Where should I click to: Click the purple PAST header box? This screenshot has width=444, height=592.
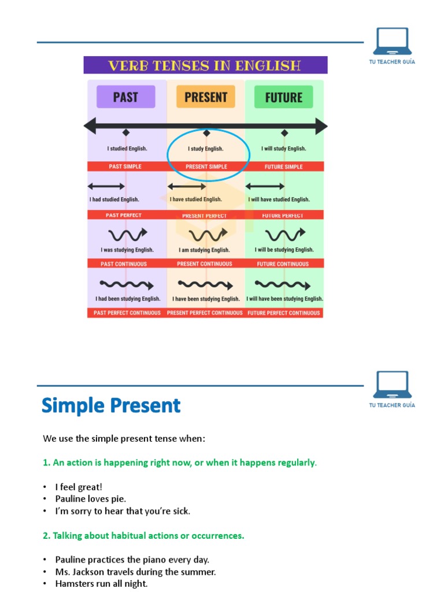coord(125,97)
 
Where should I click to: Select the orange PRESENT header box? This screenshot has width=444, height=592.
coord(206,97)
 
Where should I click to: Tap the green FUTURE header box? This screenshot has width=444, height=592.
coord(283,97)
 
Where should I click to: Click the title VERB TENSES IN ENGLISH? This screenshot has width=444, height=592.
coord(205,65)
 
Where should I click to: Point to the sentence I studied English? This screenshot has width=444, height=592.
coord(127,149)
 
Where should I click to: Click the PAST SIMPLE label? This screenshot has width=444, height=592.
coord(125,166)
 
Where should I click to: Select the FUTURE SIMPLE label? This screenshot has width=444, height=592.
coord(283,166)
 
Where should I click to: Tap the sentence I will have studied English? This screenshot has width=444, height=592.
coord(279,199)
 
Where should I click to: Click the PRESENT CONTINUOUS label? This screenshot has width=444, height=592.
coord(205,264)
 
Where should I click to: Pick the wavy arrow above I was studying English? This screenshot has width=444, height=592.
coord(127,234)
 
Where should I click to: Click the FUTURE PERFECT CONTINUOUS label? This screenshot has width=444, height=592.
coord(283,313)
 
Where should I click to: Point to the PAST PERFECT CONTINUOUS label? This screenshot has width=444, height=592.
coord(127,313)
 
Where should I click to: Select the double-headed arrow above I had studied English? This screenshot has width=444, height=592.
coord(106,186)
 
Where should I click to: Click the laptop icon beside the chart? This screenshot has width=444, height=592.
coord(392,42)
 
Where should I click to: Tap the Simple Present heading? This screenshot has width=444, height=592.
coord(111,405)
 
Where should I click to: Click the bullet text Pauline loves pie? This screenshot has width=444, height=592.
coord(91,498)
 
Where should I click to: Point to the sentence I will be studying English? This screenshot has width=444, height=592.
coord(284,250)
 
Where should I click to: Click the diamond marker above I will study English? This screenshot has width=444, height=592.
coord(284,133)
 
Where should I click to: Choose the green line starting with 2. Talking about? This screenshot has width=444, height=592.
coord(143,535)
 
